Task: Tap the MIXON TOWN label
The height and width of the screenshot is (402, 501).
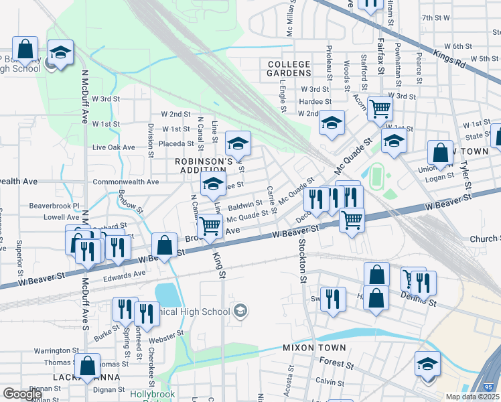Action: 314,348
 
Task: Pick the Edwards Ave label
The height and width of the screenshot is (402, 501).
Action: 125,273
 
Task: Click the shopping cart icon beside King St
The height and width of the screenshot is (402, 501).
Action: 210,226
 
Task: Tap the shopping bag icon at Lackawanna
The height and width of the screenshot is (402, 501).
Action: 86,365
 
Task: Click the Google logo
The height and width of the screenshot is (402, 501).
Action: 22,394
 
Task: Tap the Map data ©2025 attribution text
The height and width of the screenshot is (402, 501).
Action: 473,397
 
